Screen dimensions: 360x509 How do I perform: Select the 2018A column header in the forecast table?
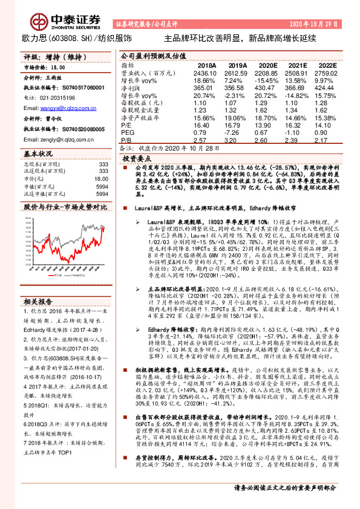click(x=206, y=65)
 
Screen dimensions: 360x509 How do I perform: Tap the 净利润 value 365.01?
click(x=206, y=87)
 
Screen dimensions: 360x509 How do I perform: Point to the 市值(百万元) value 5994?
click(x=102, y=187)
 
